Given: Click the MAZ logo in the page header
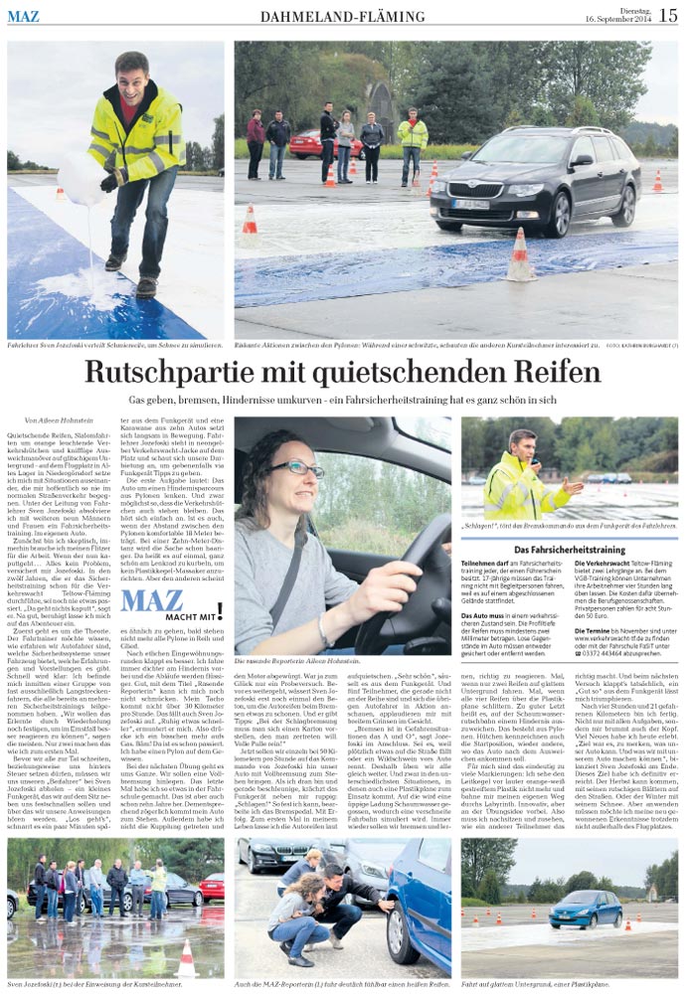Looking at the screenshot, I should [x=24, y=16].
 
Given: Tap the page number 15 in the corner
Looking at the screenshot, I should [x=668, y=15].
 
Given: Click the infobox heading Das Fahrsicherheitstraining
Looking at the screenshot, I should [x=570, y=549].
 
